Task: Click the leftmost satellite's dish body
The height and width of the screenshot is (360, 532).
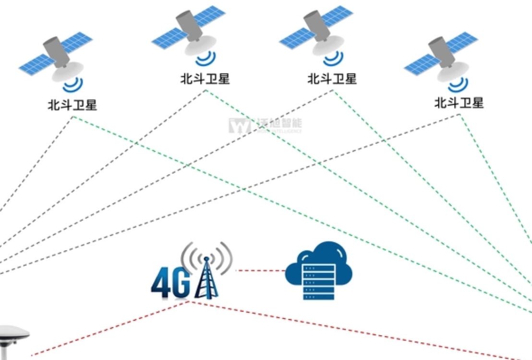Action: [x=68, y=72]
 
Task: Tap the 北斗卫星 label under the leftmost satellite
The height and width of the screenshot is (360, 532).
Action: [x=73, y=105]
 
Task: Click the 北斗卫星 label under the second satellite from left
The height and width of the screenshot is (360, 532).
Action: [x=205, y=79]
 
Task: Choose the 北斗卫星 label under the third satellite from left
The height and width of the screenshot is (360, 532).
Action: [x=332, y=79]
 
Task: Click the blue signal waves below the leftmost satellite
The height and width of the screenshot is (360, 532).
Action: [x=73, y=86]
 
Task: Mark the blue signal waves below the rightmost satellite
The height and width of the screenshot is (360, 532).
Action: [x=458, y=85]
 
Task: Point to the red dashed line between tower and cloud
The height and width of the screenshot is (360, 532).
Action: [x=260, y=271]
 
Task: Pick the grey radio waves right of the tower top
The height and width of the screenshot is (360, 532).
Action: [x=224, y=257]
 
